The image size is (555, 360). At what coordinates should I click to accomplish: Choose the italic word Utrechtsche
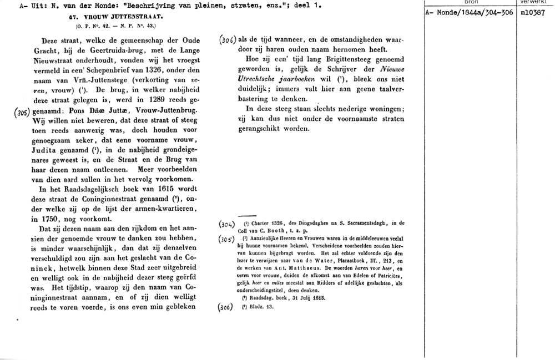(x=252, y=80)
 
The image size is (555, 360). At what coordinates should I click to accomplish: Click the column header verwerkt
(x=534, y=2)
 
